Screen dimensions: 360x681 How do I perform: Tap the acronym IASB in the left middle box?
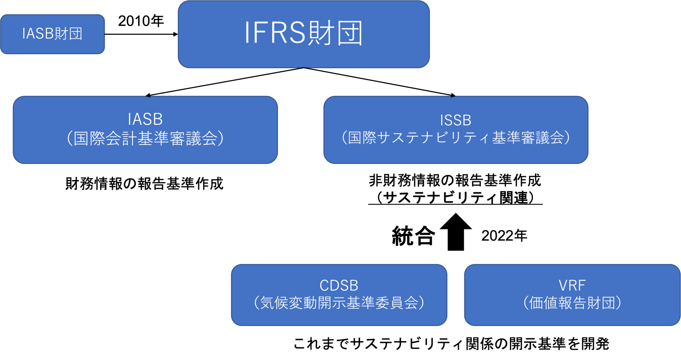145,119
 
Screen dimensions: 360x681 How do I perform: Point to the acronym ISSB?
456,120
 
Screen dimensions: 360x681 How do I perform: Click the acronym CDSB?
339,285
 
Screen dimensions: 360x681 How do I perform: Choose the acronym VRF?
572,285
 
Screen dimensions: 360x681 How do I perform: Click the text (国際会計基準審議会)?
145,139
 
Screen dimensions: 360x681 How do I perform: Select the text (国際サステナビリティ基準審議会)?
456,138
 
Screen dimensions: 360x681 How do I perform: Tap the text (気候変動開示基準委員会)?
339,303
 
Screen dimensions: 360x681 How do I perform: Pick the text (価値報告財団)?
572,303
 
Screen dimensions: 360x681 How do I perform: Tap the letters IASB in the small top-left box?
38,34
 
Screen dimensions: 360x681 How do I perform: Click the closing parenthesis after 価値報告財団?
618,303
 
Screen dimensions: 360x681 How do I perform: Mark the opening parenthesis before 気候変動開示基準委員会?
256,303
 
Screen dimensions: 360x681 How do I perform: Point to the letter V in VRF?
563,285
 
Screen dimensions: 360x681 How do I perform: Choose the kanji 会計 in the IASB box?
121,139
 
